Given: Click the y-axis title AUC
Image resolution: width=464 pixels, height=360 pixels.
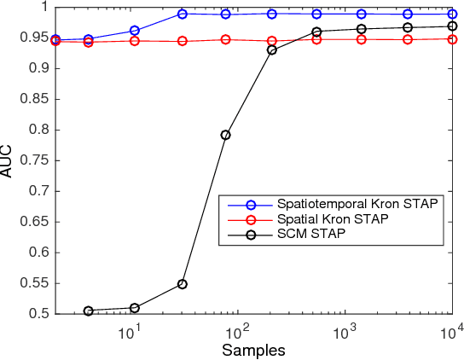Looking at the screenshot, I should tap(7, 160).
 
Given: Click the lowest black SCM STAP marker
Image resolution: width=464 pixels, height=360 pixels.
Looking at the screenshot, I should tap(88, 311).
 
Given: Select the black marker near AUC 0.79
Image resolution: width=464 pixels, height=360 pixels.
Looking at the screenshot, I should tap(226, 135).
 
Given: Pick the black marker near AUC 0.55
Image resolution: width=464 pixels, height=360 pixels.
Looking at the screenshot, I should tap(183, 284).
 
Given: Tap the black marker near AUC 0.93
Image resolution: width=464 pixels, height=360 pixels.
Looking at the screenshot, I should tap(272, 49).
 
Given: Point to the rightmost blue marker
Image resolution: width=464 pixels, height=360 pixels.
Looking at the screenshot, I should tap(452, 14).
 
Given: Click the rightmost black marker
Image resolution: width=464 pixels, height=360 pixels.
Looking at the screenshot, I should tap(452, 26).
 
